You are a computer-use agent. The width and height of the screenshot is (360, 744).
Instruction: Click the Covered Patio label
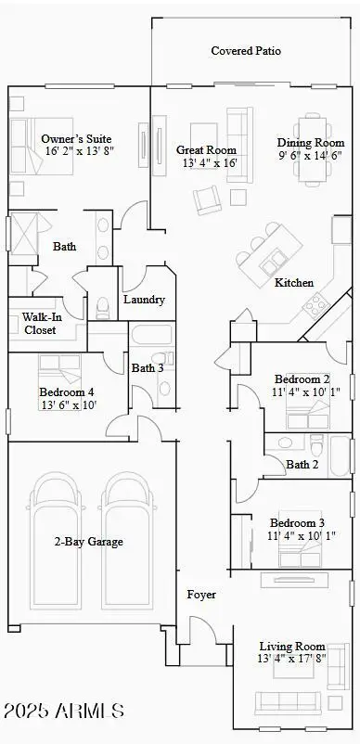click(245, 51)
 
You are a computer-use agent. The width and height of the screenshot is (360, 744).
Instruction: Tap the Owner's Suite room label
click(77, 140)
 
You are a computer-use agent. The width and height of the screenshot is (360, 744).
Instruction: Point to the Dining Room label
click(310, 143)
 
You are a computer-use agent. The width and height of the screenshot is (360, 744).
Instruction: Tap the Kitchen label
click(293, 282)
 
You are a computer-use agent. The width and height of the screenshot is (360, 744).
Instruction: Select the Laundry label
click(144, 300)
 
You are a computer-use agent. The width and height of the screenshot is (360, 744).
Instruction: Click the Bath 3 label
click(147, 367)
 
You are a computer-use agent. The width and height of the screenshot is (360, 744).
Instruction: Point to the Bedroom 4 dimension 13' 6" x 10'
click(67, 404)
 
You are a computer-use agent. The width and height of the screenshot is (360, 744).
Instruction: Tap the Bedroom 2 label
click(302, 378)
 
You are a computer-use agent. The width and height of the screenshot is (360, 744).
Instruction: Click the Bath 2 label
click(302, 464)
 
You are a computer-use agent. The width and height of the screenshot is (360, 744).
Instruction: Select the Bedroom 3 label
click(297, 522)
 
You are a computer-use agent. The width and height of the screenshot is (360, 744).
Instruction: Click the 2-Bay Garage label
click(88, 542)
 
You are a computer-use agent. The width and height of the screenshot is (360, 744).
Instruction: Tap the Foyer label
click(201, 594)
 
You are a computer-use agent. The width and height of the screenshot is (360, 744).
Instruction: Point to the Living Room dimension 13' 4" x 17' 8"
click(292, 660)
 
